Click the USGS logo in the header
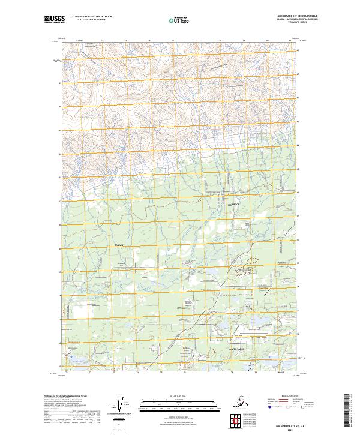pyautogui.click(x=53, y=20)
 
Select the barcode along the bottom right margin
pyautogui.click(x=349, y=412)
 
